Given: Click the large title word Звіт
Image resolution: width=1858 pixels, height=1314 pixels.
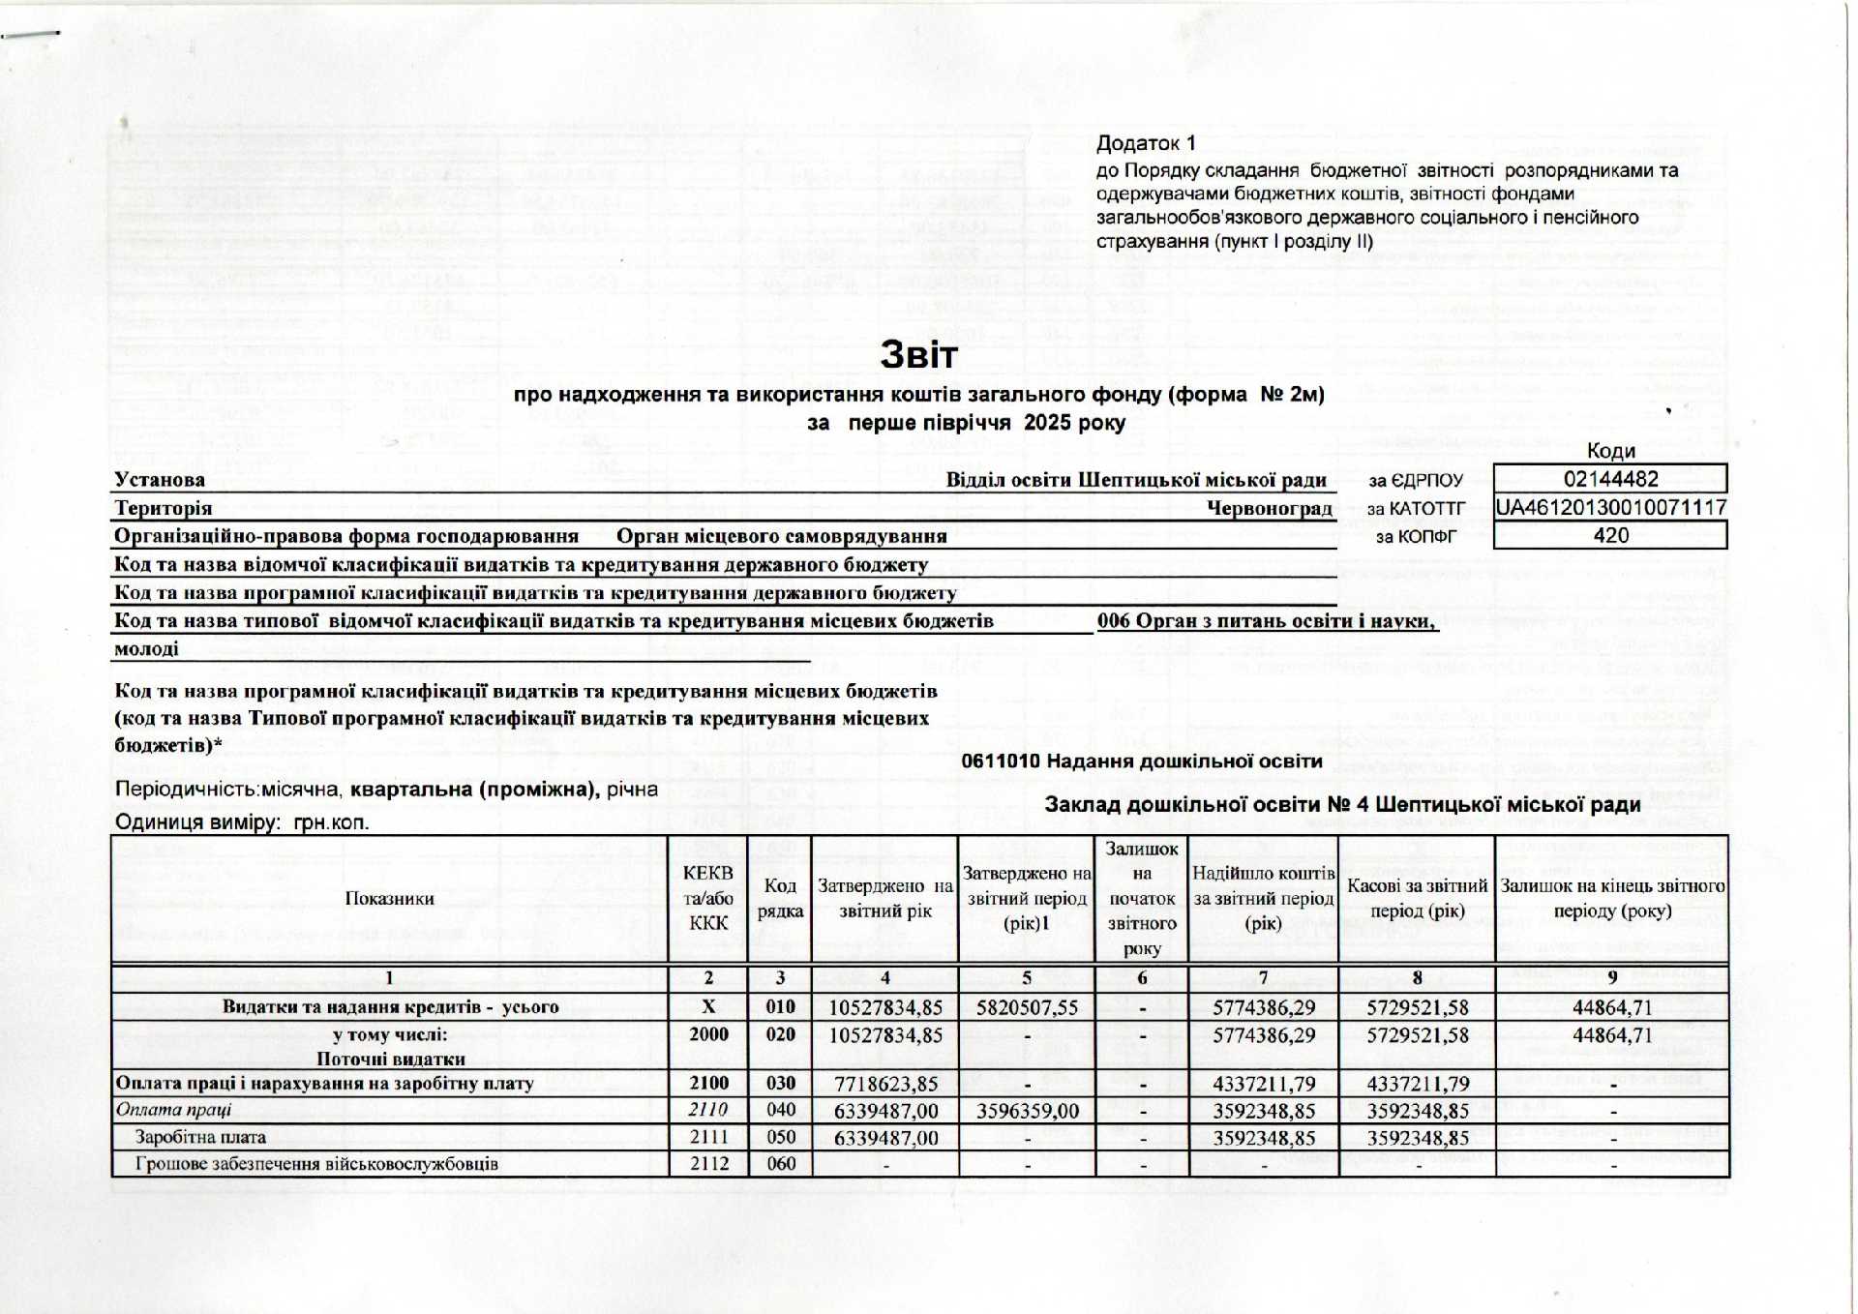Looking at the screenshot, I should tap(918, 355).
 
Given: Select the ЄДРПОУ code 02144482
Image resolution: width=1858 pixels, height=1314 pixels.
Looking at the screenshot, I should tap(1610, 479).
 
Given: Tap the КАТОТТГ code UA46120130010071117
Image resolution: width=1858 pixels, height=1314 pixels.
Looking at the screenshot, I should tap(1610, 507).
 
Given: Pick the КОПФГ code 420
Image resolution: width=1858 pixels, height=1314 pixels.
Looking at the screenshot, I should tap(1610, 535).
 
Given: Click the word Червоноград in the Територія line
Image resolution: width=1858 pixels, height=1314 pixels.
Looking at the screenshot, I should tap(1269, 508).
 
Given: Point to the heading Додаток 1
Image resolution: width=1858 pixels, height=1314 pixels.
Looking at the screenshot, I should tap(1146, 143).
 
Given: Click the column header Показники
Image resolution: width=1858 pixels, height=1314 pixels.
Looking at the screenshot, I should tap(389, 898).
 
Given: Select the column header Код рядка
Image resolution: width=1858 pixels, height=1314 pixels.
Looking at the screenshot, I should tap(780, 898).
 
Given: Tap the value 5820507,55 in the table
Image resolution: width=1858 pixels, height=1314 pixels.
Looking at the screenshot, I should tap(1027, 1007).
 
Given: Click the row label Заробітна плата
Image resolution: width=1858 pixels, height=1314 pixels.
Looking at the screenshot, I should tap(200, 1137).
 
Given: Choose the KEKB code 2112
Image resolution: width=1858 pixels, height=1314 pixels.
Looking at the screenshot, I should tap(708, 1163).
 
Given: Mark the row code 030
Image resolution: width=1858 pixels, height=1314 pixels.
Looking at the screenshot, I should tap(780, 1083).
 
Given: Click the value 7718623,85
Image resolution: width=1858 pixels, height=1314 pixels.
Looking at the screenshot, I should tap(885, 1084).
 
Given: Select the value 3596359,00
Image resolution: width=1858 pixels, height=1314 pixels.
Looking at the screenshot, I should tap(1027, 1111).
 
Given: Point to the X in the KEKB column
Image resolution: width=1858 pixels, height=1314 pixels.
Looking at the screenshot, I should tap(708, 1006).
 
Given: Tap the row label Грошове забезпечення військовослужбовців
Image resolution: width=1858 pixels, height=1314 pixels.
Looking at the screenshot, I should tap(316, 1163).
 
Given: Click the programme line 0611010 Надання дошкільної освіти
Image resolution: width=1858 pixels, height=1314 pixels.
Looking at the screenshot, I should tap(1141, 762).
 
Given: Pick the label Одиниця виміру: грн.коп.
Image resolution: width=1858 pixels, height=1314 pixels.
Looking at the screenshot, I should tap(242, 822).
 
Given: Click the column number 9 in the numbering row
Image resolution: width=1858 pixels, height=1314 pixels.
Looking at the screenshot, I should tap(1611, 978).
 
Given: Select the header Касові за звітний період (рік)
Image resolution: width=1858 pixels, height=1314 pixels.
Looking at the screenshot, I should tap(1417, 898).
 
